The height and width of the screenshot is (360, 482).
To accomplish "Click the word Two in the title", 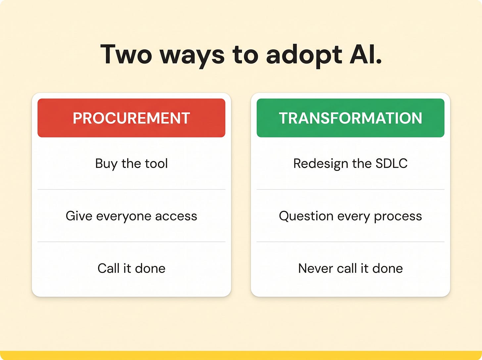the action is click(126, 54).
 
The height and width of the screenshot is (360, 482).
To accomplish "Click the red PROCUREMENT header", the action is click(131, 118).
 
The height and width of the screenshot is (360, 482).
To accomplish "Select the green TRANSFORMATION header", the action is click(351, 118).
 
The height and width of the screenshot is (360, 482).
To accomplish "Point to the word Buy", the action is click(106, 164).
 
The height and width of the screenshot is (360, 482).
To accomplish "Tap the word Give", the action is click(79, 216).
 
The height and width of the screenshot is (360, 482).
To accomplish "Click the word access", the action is click(176, 216).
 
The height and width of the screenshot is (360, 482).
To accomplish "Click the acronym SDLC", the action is click(392, 163).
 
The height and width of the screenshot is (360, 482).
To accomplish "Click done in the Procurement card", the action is click(150, 268).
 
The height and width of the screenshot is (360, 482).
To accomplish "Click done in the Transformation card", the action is click(388, 268).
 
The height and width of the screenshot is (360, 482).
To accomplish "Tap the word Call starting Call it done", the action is click(109, 268).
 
